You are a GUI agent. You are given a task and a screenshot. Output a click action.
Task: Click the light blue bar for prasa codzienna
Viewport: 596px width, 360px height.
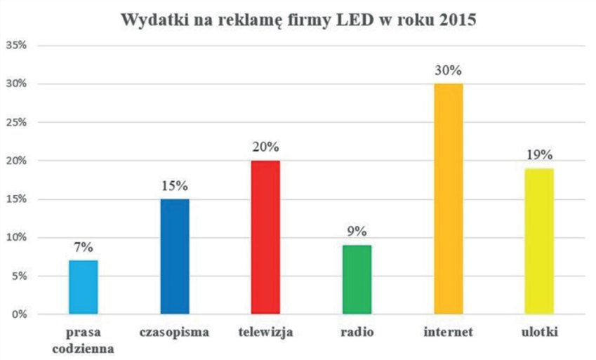click(84, 287)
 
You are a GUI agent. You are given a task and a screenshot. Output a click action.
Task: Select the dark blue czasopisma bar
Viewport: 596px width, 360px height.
click(175, 256)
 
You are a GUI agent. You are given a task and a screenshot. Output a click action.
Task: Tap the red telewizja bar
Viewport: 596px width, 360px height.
click(265, 237)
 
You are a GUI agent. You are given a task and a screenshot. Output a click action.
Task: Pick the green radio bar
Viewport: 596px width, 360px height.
click(357, 279)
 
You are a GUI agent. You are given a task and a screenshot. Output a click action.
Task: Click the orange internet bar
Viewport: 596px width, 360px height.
click(448, 199)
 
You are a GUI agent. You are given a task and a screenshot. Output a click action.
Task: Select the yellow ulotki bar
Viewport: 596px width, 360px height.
click(538, 241)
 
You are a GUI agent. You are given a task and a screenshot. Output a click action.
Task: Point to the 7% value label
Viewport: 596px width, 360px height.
click(84, 247)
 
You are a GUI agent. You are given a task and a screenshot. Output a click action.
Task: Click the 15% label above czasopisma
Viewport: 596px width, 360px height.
click(175, 186)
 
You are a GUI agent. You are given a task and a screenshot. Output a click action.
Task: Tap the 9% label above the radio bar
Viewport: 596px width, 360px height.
click(357, 232)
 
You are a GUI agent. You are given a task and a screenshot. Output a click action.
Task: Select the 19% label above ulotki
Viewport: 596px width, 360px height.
click(538, 155)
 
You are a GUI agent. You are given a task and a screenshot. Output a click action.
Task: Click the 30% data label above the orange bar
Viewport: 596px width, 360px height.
click(448, 71)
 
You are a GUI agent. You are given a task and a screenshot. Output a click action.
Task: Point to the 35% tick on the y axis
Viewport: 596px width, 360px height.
click(16, 46)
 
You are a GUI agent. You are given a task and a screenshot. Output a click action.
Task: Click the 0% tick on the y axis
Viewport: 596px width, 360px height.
click(19, 314)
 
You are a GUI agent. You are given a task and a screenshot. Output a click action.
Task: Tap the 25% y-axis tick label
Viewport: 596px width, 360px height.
click(16, 122)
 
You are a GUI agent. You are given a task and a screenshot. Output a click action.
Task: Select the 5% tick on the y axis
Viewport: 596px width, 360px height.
click(19, 276)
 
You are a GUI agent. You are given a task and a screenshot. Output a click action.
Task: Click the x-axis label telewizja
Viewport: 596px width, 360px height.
click(265, 332)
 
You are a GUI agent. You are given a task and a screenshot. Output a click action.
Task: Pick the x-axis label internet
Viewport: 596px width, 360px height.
click(448, 332)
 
